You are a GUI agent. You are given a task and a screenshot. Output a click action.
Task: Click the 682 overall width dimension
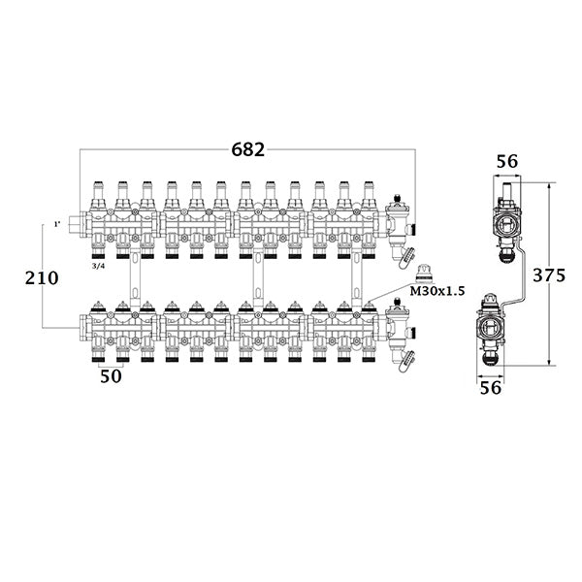[246, 149]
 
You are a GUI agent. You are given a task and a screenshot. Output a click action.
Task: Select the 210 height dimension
[41, 278]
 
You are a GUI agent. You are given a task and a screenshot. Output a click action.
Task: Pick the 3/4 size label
[98, 266]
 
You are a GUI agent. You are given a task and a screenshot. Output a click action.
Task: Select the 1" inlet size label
[57, 225]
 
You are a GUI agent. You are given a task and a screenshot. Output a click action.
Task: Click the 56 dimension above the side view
[508, 163]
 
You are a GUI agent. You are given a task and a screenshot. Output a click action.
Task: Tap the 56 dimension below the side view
[491, 387]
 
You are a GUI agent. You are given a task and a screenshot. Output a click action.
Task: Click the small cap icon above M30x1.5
[422, 273]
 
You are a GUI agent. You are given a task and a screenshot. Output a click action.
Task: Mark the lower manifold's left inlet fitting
[76, 331]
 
